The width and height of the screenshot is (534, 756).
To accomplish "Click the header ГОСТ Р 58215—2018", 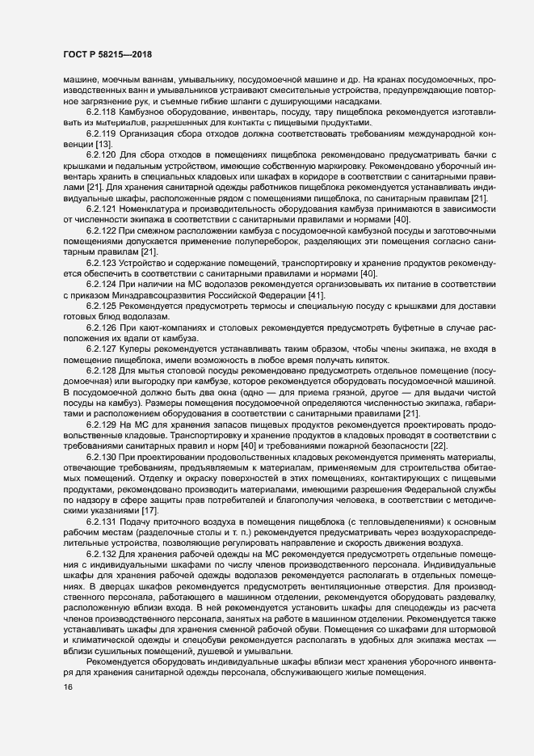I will click(x=107, y=55).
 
